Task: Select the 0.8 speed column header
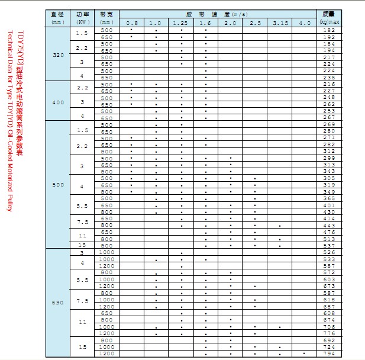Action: click(x=131, y=22)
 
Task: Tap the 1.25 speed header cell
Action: click(x=181, y=22)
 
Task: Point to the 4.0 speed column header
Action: click(x=304, y=22)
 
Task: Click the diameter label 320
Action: click(x=58, y=54)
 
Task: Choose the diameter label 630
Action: click(x=58, y=303)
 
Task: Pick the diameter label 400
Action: click(x=58, y=102)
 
